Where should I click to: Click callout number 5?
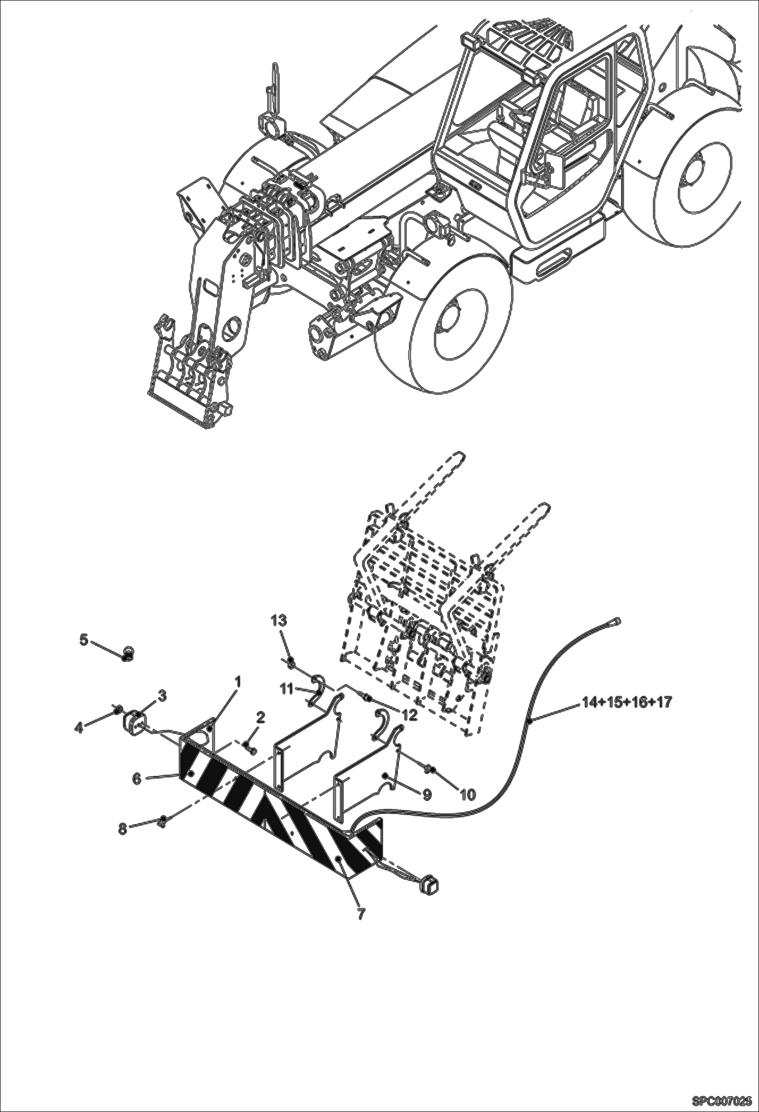(x=84, y=640)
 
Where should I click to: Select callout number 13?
(x=279, y=620)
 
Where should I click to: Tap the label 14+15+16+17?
(x=627, y=703)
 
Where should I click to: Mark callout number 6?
(x=137, y=778)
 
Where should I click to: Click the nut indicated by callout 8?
(x=162, y=821)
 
